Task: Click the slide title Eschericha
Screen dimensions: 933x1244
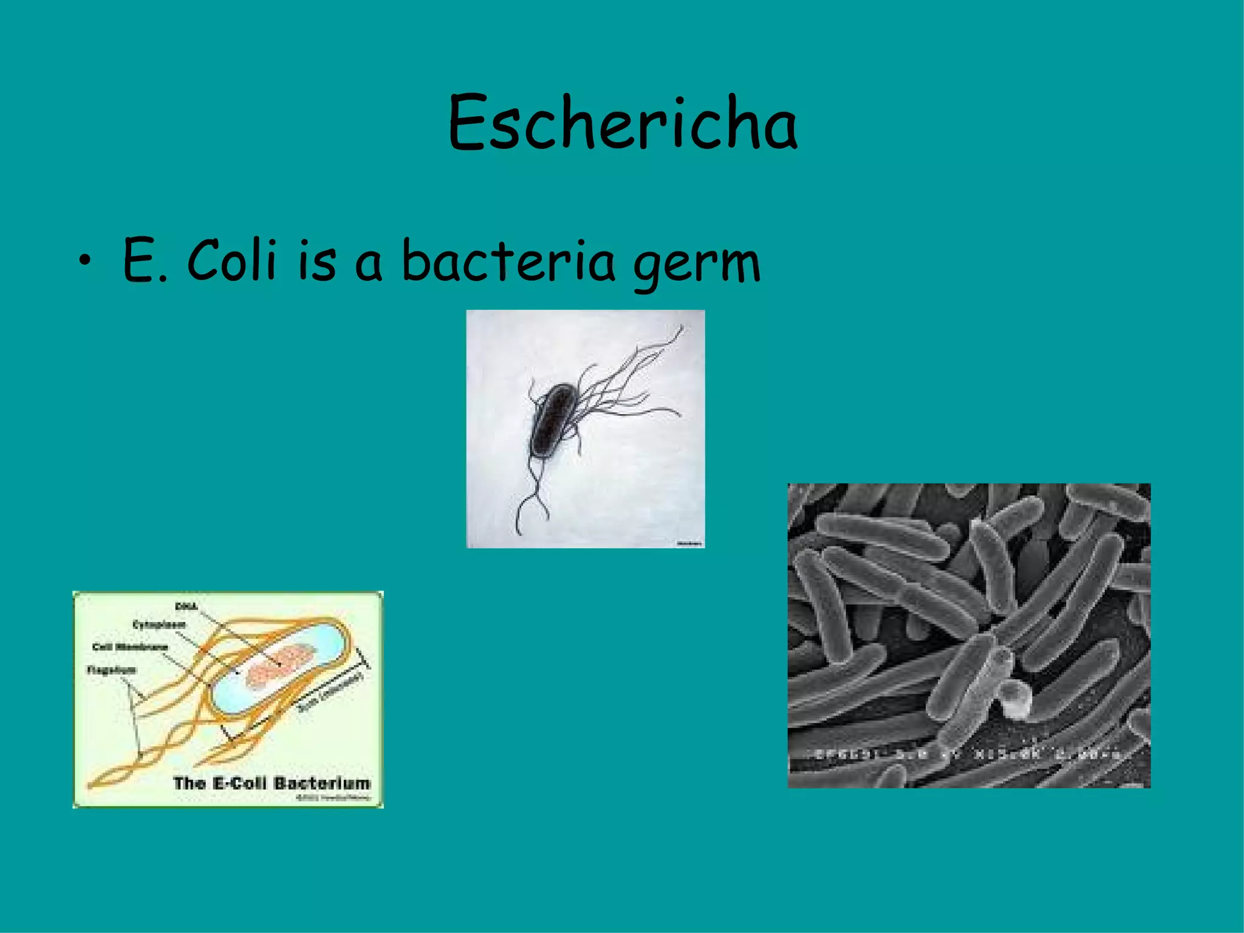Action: [622, 123]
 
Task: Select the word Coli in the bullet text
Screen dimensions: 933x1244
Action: [231, 260]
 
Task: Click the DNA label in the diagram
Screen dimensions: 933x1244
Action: [186, 606]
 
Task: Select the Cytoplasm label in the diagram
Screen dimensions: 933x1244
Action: [159, 624]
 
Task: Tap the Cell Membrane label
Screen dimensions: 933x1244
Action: [129, 647]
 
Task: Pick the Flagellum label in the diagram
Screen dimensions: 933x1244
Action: [111, 670]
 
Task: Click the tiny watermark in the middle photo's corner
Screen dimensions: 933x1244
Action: [689, 543]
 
